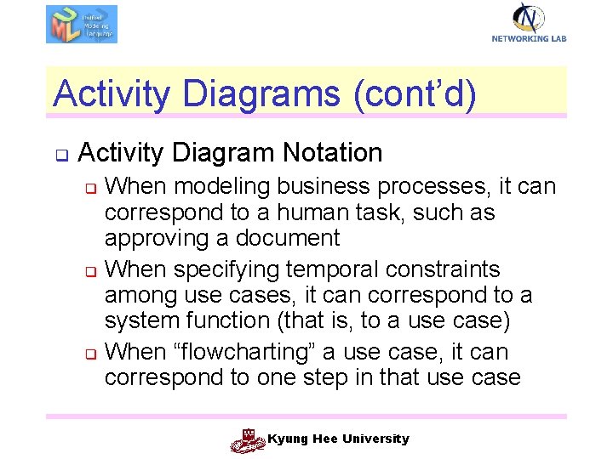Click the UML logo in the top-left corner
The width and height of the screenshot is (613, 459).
(x=81, y=24)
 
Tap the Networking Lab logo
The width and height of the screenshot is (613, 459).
(x=529, y=22)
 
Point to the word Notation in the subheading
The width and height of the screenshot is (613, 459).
(x=333, y=153)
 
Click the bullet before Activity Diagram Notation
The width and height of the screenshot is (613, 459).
(x=61, y=156)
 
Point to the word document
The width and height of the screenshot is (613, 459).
(x=291, y=237)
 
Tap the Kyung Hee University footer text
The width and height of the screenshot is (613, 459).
(x=338, y=439)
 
